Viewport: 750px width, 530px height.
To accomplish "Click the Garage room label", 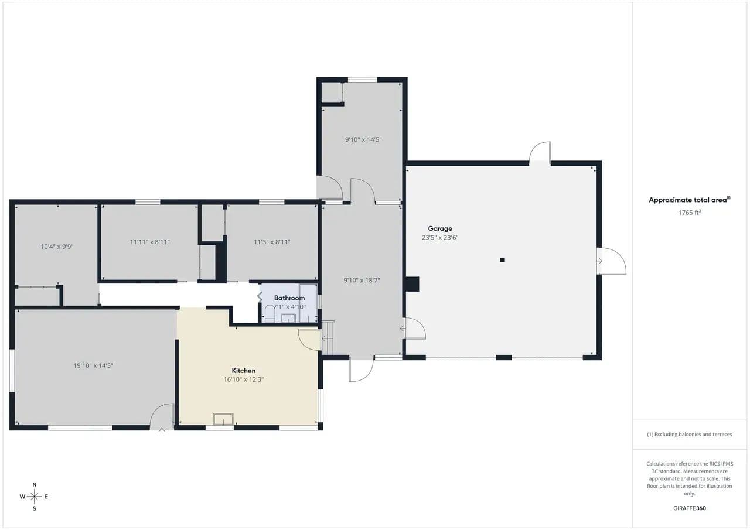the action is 440,228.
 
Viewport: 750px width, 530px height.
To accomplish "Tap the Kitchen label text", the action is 243,371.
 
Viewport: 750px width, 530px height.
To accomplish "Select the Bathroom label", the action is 289,298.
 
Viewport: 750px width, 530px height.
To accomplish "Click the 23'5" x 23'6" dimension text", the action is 440,238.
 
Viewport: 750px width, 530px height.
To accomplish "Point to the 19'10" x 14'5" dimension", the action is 93,365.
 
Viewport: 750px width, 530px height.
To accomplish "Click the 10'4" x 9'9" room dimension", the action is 57,247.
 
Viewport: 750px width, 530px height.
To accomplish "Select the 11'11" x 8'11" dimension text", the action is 149,242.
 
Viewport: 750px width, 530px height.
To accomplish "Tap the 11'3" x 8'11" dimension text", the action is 272,242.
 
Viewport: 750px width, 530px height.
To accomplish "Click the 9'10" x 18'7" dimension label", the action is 362,281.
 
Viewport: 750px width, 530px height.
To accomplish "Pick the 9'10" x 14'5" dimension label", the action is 363,139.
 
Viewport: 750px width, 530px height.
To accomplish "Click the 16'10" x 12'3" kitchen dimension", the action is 243,379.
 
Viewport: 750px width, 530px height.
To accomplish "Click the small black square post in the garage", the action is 502,260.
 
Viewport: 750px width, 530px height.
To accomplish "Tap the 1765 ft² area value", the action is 690,213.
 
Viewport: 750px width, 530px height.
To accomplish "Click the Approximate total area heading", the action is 690,200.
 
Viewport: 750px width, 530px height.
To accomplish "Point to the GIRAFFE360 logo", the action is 690,508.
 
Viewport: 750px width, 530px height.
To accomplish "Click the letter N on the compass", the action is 35,484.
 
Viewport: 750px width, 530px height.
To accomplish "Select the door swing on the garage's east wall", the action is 612,261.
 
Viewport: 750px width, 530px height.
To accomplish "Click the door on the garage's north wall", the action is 540,153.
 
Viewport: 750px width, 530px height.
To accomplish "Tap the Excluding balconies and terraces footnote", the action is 690,435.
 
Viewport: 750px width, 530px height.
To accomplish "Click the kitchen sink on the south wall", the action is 223,419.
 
